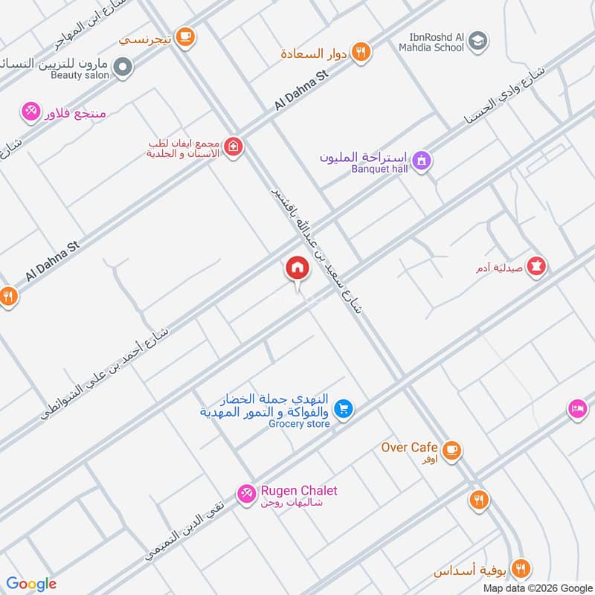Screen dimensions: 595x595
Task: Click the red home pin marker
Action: [x=297, y=268]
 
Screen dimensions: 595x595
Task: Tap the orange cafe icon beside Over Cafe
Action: [x=451, y=449]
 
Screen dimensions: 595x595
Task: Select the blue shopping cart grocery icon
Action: [x=343, y=408]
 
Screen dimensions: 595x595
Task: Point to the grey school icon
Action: [x=479, y=41]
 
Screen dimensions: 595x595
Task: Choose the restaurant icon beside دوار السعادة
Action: [x=361, y=52]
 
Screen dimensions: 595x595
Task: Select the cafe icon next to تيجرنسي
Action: [x=185, y=35]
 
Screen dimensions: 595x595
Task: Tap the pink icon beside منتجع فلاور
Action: [x=30, y=112]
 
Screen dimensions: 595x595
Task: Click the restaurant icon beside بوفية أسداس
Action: [x=521, y=569]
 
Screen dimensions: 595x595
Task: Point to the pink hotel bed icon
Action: [x=578, y=408]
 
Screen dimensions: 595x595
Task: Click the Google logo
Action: [x=31, y=584]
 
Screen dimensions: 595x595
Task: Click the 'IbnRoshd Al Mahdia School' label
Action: [x=445, y=42]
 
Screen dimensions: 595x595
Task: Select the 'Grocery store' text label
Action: [x=299, y=424]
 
